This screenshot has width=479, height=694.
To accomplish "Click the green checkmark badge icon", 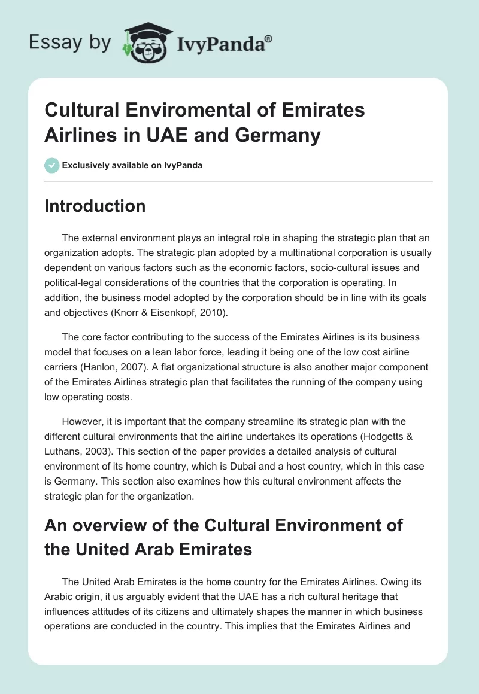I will pos(51,165).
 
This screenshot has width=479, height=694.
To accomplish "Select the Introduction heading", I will pos(95,206).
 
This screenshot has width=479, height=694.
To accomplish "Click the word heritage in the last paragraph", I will pos(371,596).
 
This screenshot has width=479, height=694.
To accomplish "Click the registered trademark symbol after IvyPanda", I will pos(269,38).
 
